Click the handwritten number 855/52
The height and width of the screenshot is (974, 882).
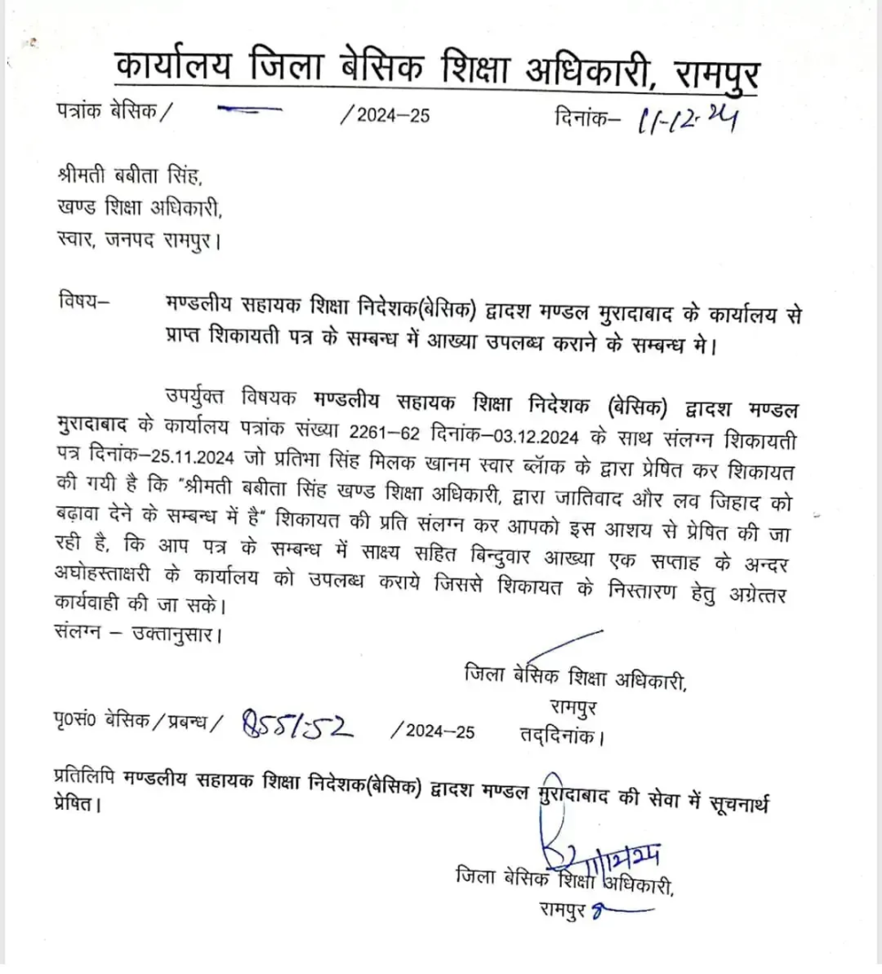(x=297, y=726)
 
